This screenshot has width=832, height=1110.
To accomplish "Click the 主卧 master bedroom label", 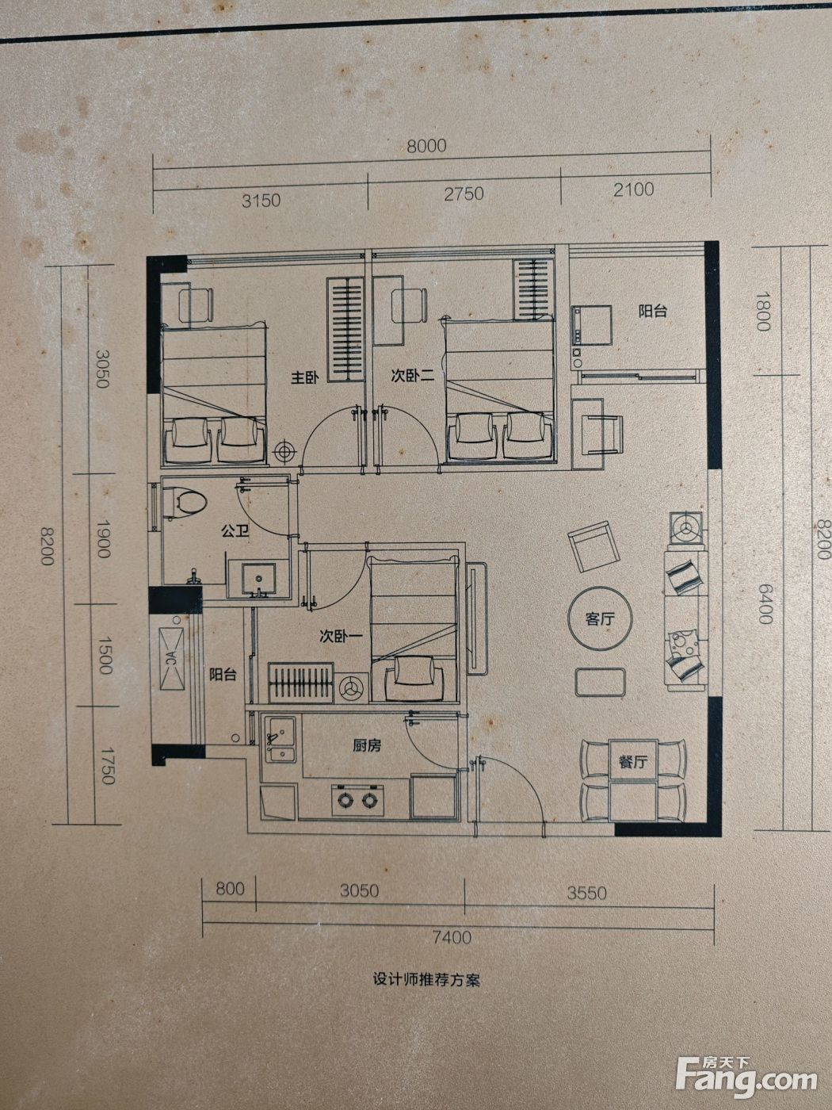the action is (x=305, y=377).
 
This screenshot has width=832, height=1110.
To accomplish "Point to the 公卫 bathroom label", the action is (x=235, y=531).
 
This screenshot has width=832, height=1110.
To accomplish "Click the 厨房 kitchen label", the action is (x=367, y=745).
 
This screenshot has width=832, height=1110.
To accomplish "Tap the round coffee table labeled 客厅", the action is (x=601, y=619).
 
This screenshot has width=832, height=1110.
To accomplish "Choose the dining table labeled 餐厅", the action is (x=633, y=780).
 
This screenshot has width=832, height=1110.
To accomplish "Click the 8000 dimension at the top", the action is (x=426, y=146).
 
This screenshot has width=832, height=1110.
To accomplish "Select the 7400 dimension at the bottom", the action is (x=452, y=938).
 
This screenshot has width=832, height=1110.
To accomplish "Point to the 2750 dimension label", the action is (x=464, y=193).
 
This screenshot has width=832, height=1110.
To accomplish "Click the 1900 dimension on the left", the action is (x=104, y=538).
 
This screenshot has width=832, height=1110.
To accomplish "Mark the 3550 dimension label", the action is (x=586, y=893).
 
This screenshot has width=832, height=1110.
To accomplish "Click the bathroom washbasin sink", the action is (x=258, y=579).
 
